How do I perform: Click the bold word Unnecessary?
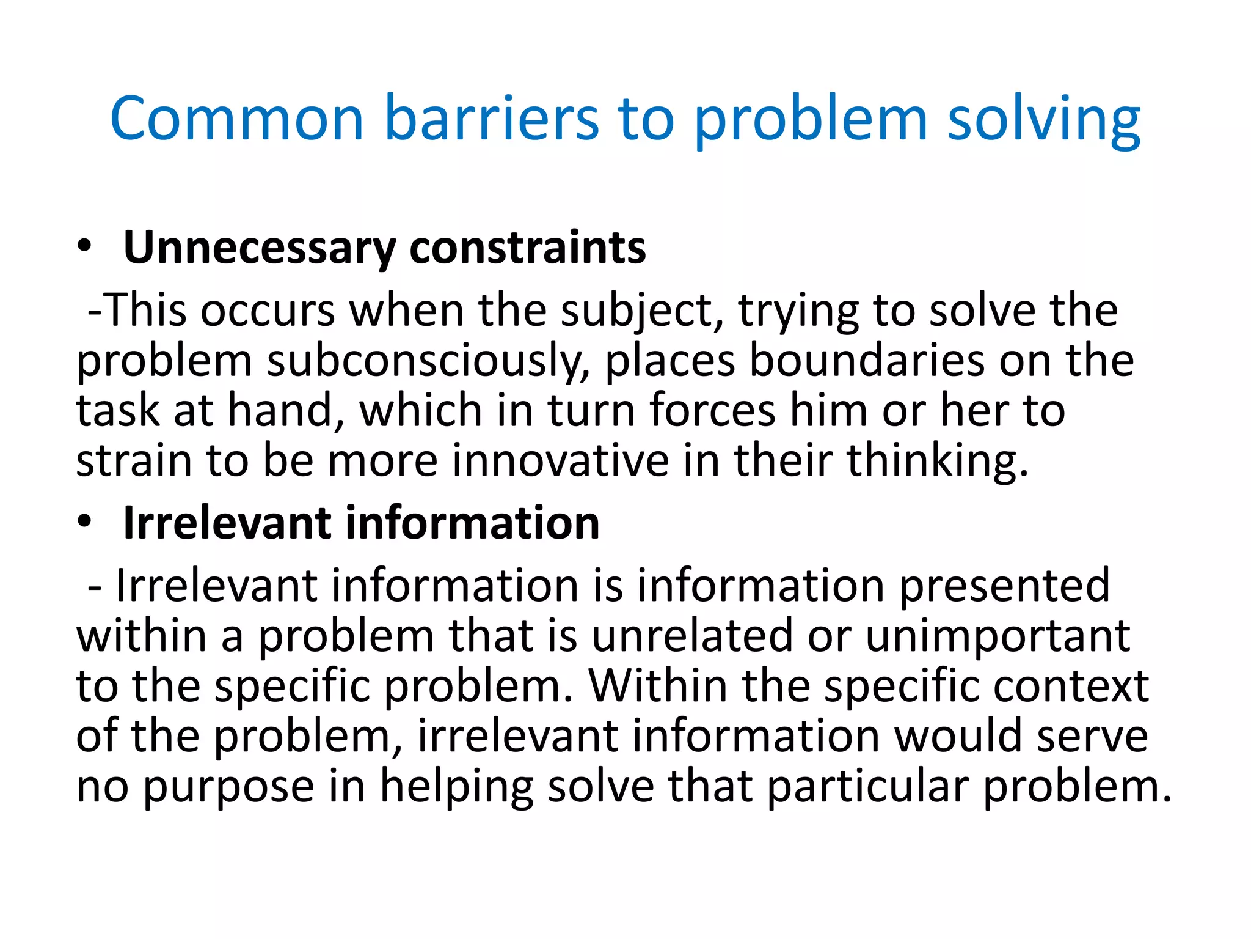tap(260, 248)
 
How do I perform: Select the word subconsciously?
tap(424, 361)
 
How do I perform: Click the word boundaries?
tap(867, 361)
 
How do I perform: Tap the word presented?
tap(1004, 586)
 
